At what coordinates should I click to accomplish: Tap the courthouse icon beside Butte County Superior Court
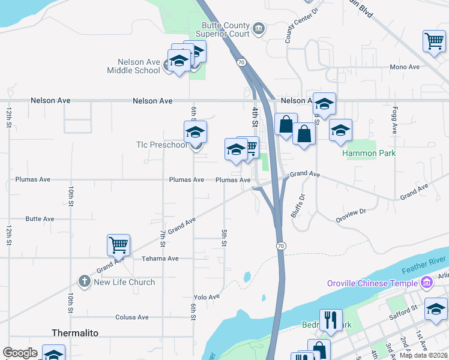258,29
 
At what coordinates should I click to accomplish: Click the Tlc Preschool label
161,145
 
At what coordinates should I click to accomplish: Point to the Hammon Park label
369,153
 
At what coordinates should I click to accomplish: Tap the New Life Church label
124,282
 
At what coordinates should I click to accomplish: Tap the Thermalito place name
75,332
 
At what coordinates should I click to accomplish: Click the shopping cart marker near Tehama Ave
119,245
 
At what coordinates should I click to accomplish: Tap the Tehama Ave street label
160,259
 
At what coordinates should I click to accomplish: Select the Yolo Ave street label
206,297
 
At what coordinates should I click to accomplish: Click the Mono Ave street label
405,67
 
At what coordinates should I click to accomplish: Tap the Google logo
20,353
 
